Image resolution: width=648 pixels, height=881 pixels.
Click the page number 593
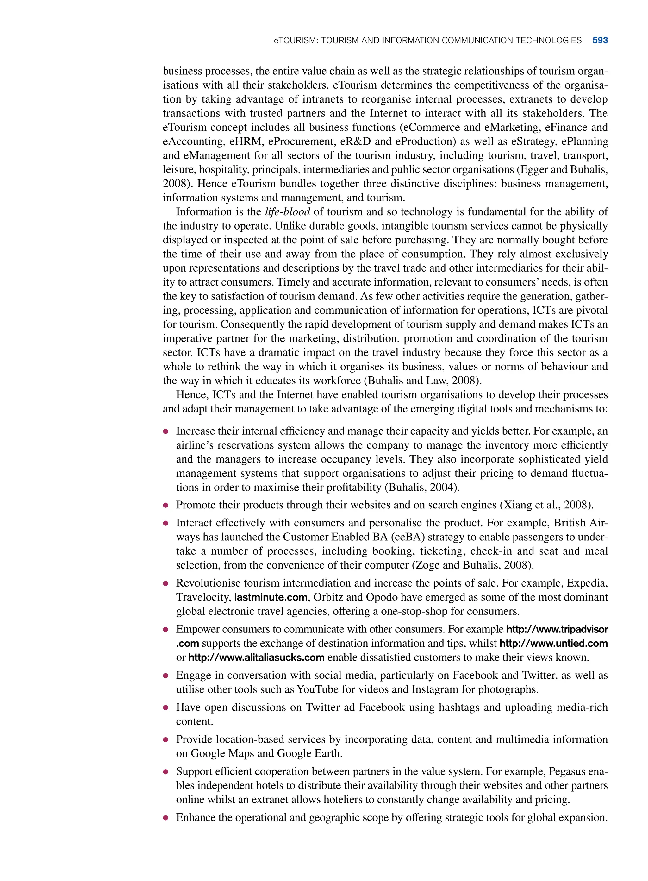point(600,41)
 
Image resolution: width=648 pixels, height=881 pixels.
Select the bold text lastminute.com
point(271,597)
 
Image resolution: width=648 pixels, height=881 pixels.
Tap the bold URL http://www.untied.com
point(553,643)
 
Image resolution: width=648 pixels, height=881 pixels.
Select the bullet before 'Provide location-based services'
point(166,740)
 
